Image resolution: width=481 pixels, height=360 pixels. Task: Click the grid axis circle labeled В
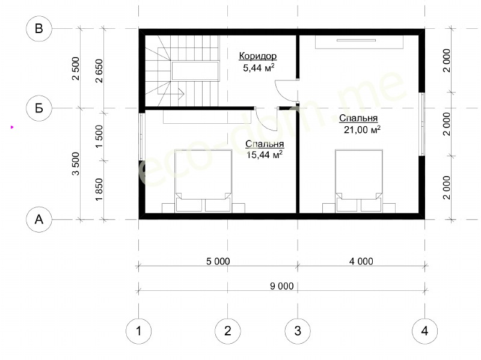[39, 28]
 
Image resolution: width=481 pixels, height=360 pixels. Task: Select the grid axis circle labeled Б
[39, 108]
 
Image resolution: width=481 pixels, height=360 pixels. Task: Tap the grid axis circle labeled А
[39, 219]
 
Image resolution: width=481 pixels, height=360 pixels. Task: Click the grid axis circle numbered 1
[139, 331]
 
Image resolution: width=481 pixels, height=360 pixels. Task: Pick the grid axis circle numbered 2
[228, 331]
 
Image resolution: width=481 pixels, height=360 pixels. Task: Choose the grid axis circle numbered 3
[298, 331]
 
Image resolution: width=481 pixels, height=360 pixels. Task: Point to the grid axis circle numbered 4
[425, 331]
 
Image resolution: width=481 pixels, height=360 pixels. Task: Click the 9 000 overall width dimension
[281, 286]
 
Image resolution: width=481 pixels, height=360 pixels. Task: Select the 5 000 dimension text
[218, 261]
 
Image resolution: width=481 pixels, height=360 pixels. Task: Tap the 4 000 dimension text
[361, 261]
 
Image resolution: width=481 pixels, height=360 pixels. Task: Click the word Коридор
[258, 56]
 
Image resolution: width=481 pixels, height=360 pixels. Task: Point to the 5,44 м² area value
[259, 68]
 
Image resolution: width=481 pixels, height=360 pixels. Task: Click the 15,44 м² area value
[265, 155]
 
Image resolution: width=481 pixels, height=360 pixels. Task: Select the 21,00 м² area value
[362, 130]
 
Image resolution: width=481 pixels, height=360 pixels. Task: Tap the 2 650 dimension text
[99, 71]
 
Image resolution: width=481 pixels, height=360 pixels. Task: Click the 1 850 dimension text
[99, 190]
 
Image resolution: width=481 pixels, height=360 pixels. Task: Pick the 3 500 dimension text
[76, 163]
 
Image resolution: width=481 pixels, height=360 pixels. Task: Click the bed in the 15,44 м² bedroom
[203, 181]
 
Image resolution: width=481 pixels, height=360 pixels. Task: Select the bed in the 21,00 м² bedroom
[359, 181]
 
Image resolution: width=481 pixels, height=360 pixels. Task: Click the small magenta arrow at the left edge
[12, 127]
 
